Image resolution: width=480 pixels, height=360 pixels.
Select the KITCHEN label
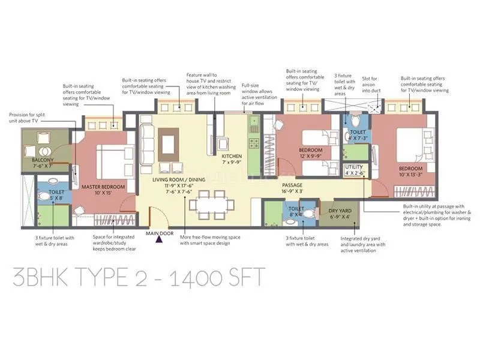point(232,156)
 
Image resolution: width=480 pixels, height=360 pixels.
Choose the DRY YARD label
point(340,211)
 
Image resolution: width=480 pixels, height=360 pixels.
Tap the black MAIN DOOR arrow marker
point(159,240)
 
